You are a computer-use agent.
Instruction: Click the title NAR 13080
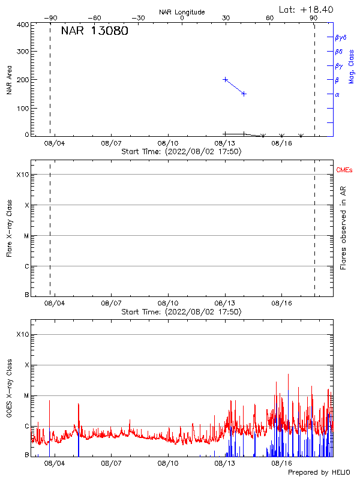tap(94, 32)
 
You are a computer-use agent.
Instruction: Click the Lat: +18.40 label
tap(307, 9)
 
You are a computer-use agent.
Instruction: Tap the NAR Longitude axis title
tap(182, 12)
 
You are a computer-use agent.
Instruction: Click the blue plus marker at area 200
tap(226, 79)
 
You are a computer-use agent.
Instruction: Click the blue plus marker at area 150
tap(244, 94)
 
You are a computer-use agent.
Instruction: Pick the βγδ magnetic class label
tap(341, 37)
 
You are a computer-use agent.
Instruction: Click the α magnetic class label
tap(337, 94)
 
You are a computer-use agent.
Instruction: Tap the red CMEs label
tap(344, 171)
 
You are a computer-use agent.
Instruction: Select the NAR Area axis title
tap(10, 80)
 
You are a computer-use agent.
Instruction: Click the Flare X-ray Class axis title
tap(10, 229)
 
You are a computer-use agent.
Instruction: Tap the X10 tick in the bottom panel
tap(22, 334)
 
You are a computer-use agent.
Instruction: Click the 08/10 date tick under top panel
tap(168, 144)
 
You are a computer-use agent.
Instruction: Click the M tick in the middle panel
tap(26, 236)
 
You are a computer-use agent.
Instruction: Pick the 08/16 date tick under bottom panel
tap(282, 463)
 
